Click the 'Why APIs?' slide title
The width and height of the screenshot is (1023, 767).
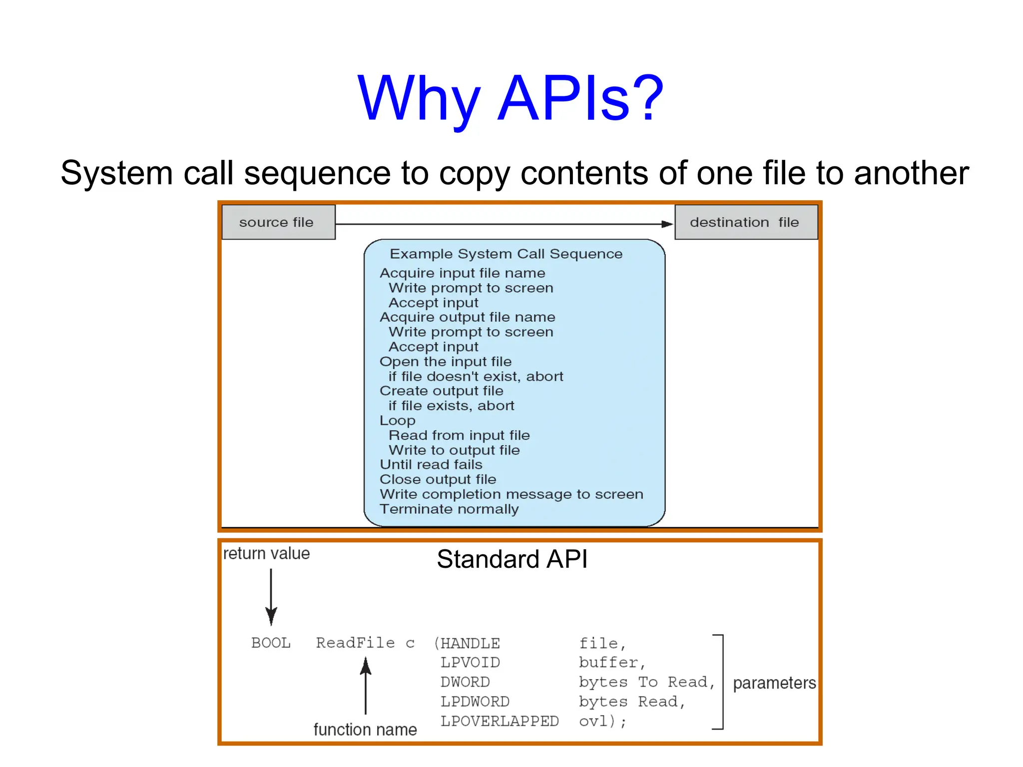click(x=511, y=98)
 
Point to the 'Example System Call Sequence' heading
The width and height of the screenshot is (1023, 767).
click(x=506, y=254)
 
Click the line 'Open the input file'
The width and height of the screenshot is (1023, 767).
click(x=445, y=362)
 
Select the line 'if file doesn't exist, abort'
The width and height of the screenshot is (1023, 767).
click(x=476, y=377)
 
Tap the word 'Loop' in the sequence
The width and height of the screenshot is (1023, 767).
click(x=397, y=420)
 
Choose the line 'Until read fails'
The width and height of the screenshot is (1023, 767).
click(x=431, y=465)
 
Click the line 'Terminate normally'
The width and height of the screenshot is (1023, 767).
click(x=449, y=509)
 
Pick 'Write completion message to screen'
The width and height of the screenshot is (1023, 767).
click(x=511, y=494)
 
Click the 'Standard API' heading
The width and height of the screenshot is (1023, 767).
click(x=511, y=559)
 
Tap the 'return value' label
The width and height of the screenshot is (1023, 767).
click(x=266, y=553)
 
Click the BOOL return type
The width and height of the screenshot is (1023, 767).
click(x=271, y=643)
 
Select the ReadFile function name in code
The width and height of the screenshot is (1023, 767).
click(x=355, y=643)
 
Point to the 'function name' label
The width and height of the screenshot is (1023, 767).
click(x=365, y=730)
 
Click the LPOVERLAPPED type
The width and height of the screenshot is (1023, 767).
click(x=499, y=721)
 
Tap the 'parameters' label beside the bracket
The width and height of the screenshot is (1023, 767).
click(x=774, y=683)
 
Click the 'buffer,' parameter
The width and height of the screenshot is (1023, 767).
click(x=612, y=663)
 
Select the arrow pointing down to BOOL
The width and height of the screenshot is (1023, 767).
click(x=271, y=599)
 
